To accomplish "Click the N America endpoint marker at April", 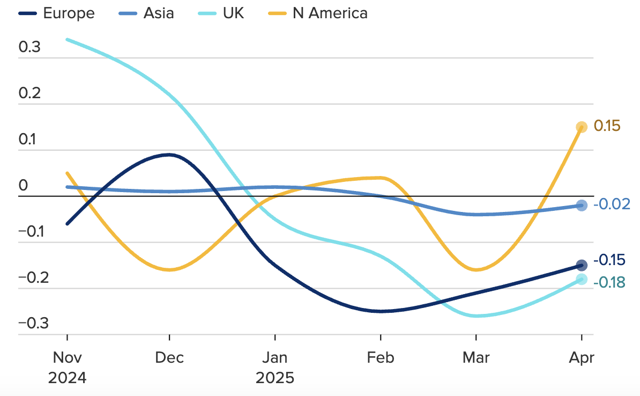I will pos(582,127).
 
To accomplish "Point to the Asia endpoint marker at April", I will pos(582,206).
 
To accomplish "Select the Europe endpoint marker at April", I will pos(582,265).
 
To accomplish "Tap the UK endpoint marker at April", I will pos(582,279).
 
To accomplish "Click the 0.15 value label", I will pos(607,127).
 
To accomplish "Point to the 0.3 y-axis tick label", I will pos(29,47).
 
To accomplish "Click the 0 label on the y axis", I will pos(23,186).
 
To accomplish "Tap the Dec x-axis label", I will pos(169,357).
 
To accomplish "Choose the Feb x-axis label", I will pos(381,357).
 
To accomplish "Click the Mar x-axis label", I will pos(476,357).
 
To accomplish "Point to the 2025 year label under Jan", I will pos(275,378).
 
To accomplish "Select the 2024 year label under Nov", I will pos(67,378).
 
